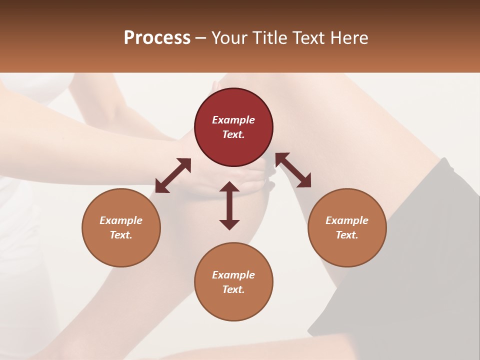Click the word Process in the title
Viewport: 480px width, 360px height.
157,38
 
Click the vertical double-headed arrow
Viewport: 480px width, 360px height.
229,206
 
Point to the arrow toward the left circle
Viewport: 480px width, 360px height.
173,175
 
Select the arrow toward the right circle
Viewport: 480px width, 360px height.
293,170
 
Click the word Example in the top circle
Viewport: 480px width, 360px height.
233,120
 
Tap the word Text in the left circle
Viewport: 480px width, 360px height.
121,235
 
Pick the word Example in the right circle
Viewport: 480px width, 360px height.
347,220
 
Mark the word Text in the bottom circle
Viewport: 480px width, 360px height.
233,289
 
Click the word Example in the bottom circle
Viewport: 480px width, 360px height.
233,275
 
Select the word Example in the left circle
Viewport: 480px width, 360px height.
121,220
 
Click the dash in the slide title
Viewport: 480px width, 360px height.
201,38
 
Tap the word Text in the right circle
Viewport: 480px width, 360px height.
347,235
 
